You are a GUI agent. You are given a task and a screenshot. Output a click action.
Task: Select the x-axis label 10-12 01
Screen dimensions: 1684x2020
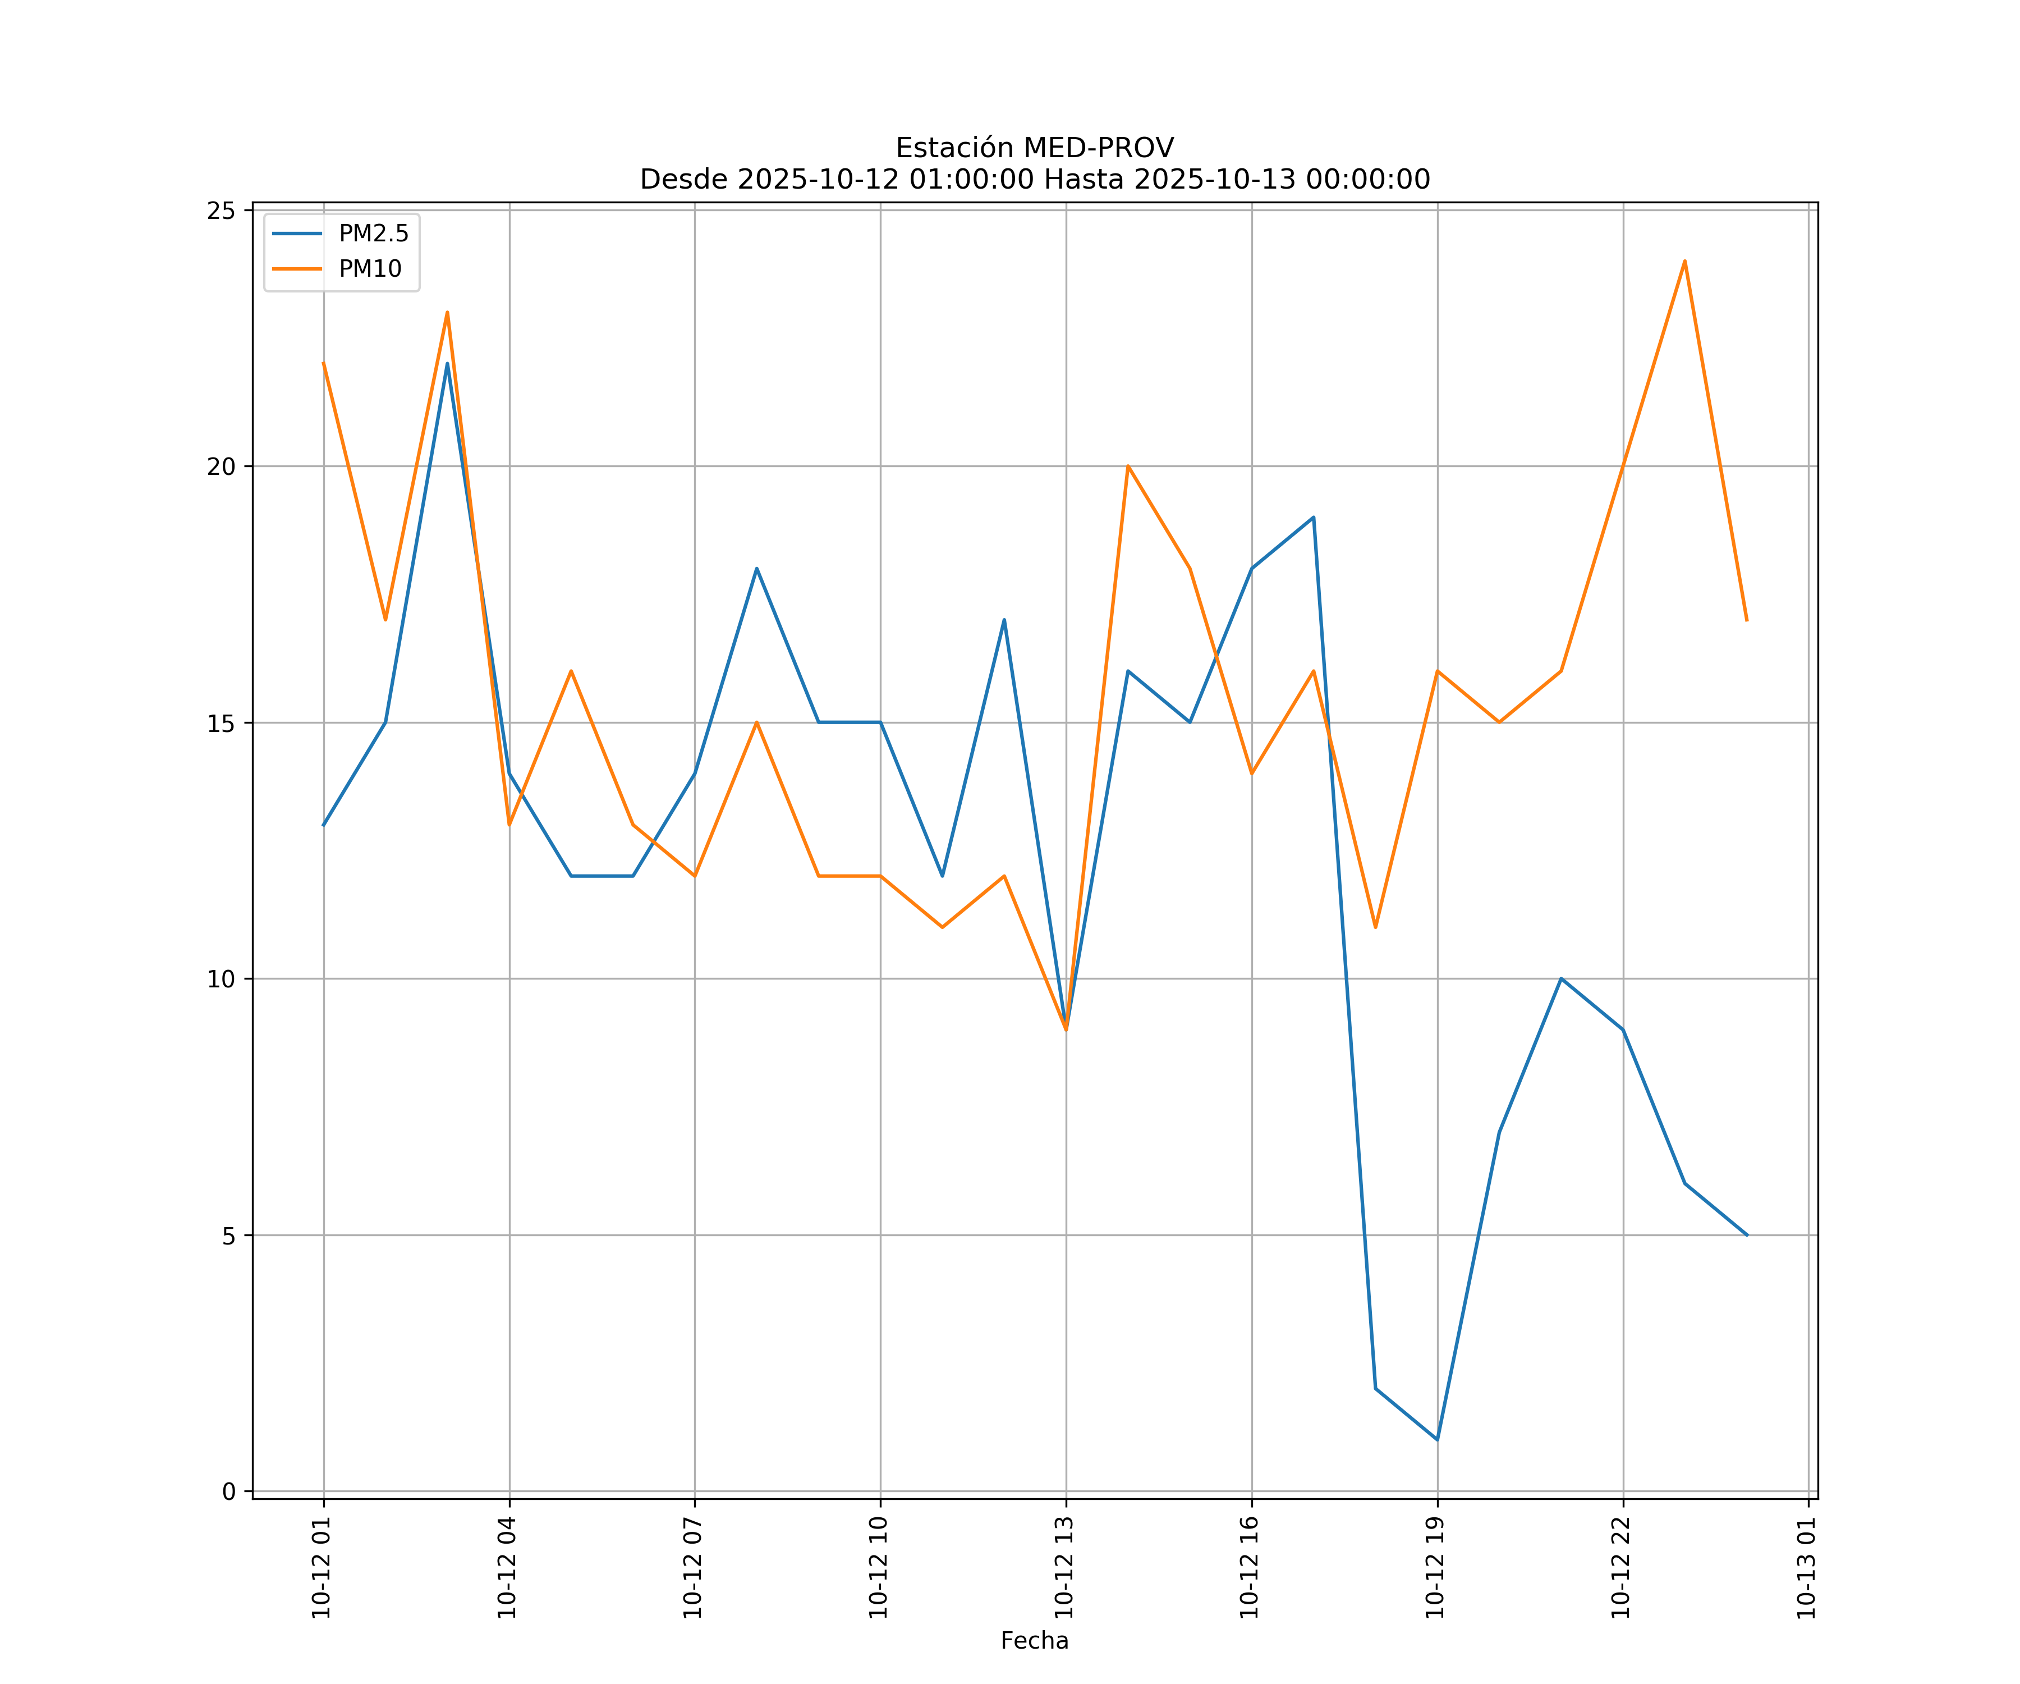(322, 1568)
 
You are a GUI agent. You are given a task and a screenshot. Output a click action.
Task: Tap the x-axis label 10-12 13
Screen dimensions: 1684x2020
(1064, 1568)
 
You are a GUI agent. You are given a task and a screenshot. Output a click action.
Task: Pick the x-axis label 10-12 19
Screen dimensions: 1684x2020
(1435, 1568)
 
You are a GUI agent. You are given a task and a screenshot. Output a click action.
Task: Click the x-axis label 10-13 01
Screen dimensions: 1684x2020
(1806, 1568)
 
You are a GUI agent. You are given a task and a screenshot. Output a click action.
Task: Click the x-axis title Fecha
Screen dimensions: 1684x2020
(1034, 1641)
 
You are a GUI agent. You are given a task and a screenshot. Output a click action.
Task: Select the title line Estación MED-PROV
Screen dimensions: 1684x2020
(1034, 148)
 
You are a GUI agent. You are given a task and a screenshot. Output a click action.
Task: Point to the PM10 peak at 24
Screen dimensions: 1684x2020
(1684, 261)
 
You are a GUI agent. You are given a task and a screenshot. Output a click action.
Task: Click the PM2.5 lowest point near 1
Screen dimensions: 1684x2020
(1437, 1440)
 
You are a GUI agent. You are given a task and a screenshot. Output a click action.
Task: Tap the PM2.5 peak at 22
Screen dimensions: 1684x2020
(447, 364)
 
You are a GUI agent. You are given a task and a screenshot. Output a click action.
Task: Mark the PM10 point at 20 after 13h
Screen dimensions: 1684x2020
(1127, 466)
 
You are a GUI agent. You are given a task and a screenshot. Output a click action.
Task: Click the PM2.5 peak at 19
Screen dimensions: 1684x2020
(1313, 518)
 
